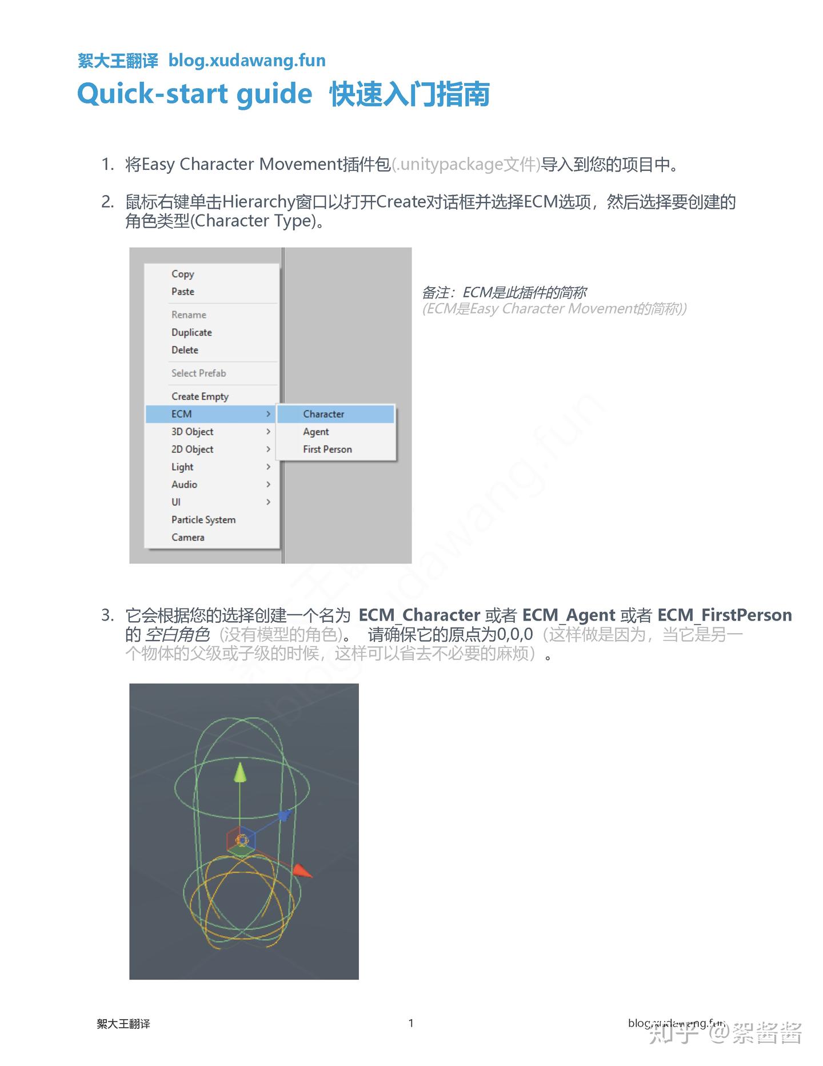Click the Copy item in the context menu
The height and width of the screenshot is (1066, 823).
183,274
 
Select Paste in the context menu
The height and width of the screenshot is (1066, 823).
183,292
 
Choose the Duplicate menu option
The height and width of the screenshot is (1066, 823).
191,332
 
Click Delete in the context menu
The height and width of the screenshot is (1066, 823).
185,350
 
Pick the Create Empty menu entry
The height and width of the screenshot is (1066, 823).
200,396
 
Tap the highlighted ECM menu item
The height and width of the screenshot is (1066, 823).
182,414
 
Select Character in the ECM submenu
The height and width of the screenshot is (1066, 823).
323,414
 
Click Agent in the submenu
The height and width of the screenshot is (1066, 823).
316,432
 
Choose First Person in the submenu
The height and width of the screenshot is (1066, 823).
327,450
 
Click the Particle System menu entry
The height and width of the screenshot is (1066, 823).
203,520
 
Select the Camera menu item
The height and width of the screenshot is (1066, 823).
188,538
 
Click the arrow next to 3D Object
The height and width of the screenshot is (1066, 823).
268,432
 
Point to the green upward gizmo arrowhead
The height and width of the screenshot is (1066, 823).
241,773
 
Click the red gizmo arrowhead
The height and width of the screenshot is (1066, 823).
303,872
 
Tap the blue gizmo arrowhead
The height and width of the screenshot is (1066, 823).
284,816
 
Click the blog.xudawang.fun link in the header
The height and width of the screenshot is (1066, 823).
247,61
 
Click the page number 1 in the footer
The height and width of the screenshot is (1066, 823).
411,1023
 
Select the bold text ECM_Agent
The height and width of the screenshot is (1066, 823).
569,615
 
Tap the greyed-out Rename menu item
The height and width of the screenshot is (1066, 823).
189,315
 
